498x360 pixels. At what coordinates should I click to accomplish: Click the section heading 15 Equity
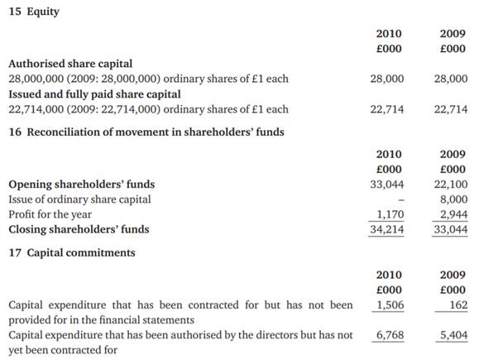(x=34, y=12)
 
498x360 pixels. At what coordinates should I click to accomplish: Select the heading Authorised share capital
(x=69, y=64)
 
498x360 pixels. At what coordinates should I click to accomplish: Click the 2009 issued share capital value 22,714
(x=450, y=109)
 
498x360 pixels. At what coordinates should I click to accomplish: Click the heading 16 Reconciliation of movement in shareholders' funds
(x=146, y=132)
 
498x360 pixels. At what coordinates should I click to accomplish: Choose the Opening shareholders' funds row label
(x=81, y=185)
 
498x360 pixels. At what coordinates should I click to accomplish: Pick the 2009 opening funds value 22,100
(x=450, y=185)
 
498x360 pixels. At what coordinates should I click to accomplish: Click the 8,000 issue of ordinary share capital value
(x=453, y=199)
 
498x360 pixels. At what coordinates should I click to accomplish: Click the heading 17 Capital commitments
(x=71, y=252)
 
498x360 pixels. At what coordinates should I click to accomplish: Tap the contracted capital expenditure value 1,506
(x=390, y=305)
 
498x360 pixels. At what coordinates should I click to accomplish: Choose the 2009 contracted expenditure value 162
(x=457, y=305)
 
